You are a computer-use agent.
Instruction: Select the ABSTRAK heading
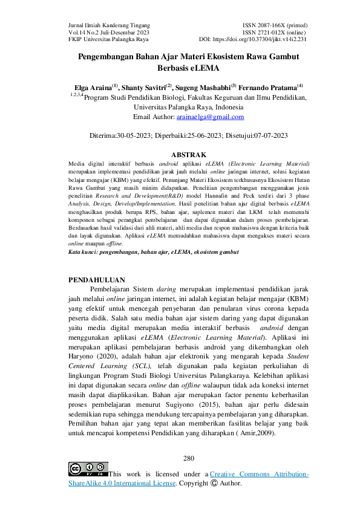[189, 155]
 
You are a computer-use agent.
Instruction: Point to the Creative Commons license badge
[88, 469]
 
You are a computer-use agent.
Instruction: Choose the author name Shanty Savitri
[146, 88]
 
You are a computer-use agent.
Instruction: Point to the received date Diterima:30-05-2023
[124, 136]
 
